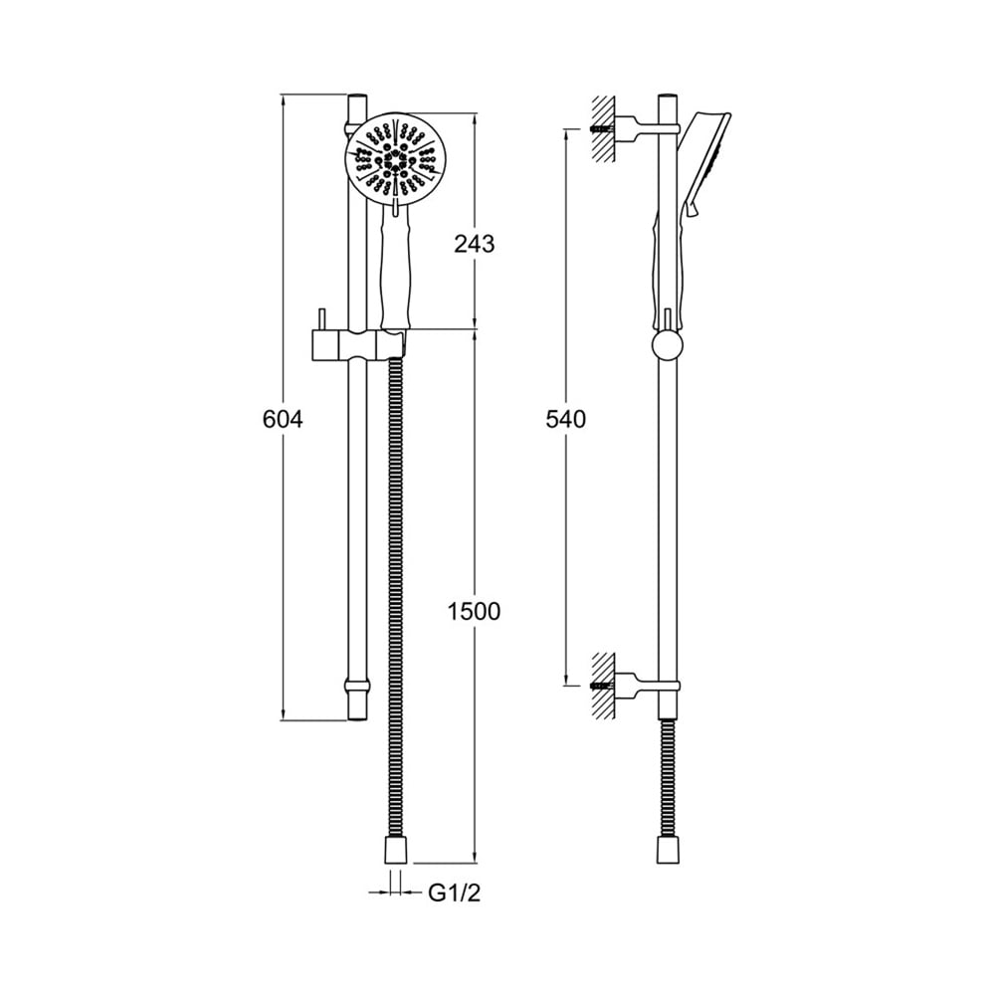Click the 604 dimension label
pyautogui.click(x=283, y=420)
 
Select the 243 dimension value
pyautogui.click(x=474, y=244)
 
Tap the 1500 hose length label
pyautogui.click(x=474, y=611)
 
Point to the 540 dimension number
pyautogui.click(x=566, y=420)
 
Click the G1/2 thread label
pyautogui.click(x=455, y=893)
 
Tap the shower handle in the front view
pyautogui.click(x=395, y=268)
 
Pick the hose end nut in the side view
pyautogui.click(x=669, y=850)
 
